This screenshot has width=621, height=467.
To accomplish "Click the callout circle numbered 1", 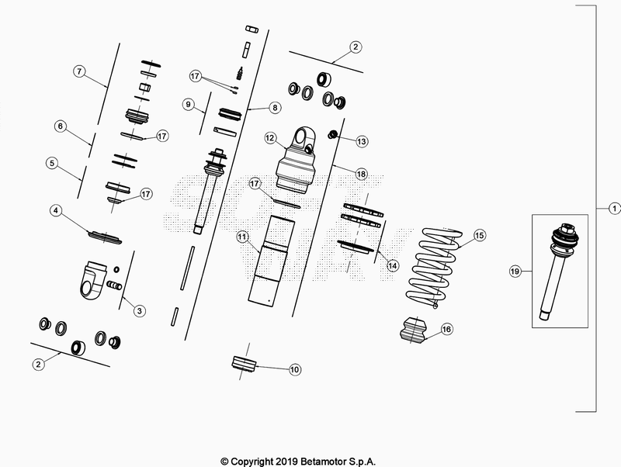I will point(614,208).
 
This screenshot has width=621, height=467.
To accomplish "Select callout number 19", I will point(514,271).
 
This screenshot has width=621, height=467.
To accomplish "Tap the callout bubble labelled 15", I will point(479,235).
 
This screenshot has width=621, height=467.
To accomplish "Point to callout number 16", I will point(446,329).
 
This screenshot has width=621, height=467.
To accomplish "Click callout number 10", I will point(295,370).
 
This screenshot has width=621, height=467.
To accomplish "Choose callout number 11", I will point(242,236).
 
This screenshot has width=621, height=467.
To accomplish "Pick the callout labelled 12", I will point(270,138).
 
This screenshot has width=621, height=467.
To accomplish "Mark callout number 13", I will point(361,141).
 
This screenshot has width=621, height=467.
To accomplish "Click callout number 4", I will point(56,210).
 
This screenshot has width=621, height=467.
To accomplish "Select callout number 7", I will point(79,71).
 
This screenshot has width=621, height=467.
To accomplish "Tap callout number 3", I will point(139,311).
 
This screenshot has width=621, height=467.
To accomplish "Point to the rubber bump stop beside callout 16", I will point(415,329).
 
